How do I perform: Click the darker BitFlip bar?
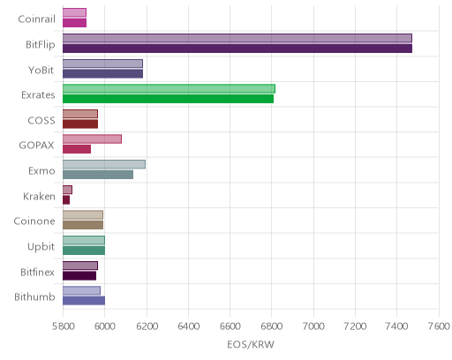(237, 49)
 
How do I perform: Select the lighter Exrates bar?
(169, 88)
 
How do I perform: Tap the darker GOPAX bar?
(77, 149)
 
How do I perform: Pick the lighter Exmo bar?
(104, 164)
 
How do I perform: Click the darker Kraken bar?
(66, 200)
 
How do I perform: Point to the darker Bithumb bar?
(84, 301)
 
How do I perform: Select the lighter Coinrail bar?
(74, 12)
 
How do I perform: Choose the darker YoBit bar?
(102, 74)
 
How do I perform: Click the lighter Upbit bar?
(84, 240)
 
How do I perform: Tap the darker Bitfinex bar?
(79, 276)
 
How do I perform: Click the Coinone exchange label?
(34, 221)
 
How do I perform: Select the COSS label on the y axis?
(41, 120)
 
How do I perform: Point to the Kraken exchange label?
(39, 196)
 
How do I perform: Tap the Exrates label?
(38, 95)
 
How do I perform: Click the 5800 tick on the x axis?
(64, 326)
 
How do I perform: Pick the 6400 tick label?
(189, 326)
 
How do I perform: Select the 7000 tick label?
(313, 326)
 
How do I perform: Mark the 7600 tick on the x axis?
(439, 326)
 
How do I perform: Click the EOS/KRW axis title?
(251, 344)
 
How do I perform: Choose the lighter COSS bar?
(80, 114)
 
